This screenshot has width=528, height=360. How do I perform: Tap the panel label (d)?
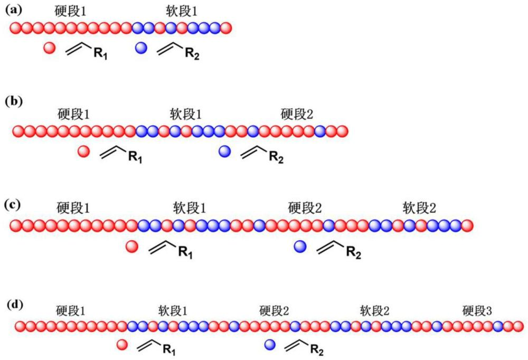tap(15, 305)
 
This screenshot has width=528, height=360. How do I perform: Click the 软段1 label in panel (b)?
tap(186, 113)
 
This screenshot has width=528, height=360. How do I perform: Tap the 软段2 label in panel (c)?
tap(419, 206)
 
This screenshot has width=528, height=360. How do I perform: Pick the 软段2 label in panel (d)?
tap(374, 310)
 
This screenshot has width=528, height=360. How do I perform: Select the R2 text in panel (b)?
tap(276, 156)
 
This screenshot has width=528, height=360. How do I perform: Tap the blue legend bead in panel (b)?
tap(225, 152)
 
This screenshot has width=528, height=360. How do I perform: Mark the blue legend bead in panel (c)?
tap(300, 246)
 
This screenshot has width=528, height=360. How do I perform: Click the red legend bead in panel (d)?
tap(122, 345)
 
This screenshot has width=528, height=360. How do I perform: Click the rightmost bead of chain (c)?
tap(467, 225)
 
